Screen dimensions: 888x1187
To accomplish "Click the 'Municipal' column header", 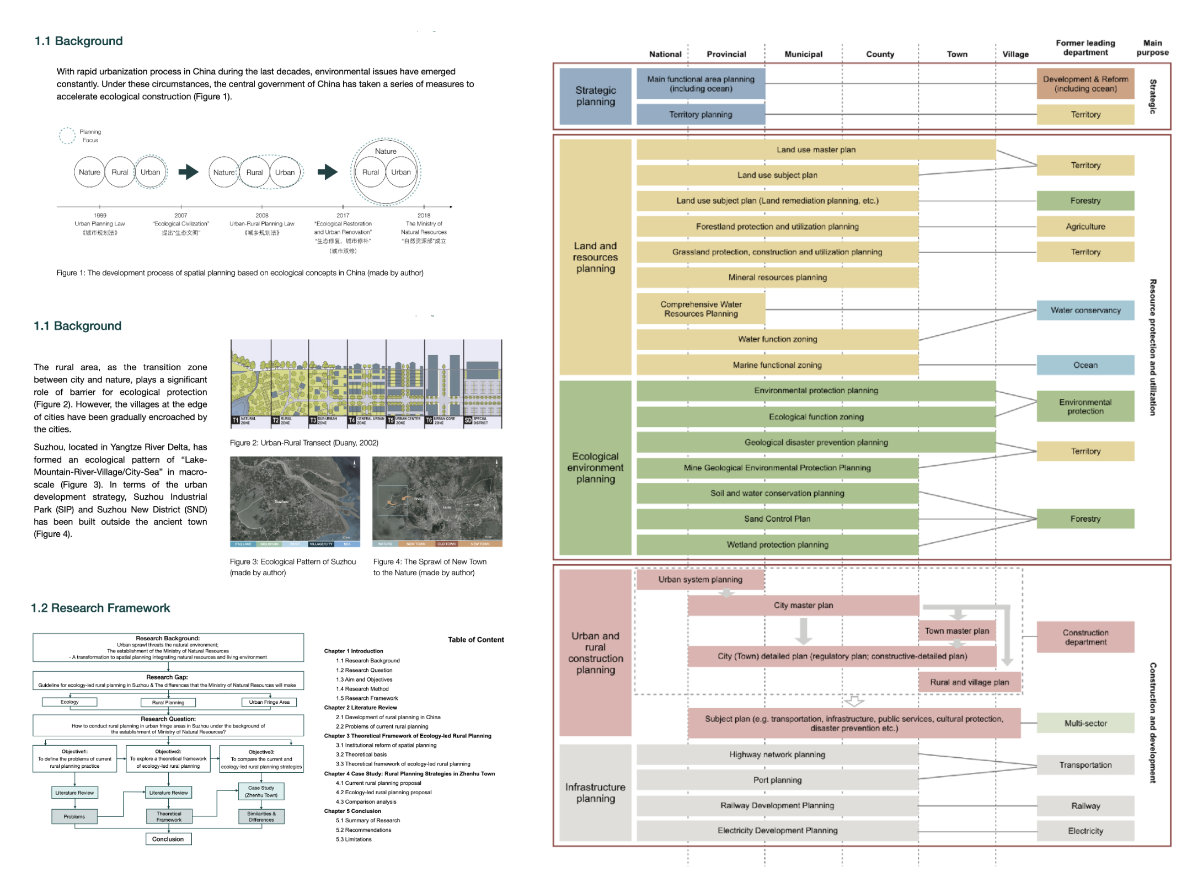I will point(803,54).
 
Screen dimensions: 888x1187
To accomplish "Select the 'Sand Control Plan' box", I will point(777,518).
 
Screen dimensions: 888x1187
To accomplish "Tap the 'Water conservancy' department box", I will point(1085,310).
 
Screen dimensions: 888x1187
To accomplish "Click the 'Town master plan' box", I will point(957,630).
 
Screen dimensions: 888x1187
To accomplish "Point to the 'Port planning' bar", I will point(777,780).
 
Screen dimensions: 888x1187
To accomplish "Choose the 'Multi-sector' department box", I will point(1085,723).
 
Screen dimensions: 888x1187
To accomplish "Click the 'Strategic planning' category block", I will point(595,96).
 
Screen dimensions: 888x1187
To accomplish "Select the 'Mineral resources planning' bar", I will point(777,277).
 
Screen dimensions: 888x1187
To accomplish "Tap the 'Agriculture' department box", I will point(1085,226).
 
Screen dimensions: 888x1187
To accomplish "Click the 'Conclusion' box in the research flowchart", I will point(168,839).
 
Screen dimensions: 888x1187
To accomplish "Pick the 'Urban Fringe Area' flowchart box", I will point(269,702).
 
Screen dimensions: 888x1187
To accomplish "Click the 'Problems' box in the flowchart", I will point(74,816).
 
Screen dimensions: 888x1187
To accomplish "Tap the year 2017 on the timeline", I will point(343,215).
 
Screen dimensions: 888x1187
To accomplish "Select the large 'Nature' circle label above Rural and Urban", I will point(386,151).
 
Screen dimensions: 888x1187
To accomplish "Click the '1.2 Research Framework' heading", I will point(100,608).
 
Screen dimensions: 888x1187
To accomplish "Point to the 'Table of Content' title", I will point(475,639).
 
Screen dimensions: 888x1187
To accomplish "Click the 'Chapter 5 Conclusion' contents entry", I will point(352,811).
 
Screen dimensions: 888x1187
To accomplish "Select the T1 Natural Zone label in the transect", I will point(244,420).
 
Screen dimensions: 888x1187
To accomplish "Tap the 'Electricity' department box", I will point(1085,831).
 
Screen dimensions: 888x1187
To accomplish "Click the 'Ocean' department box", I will point(1085,365).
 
